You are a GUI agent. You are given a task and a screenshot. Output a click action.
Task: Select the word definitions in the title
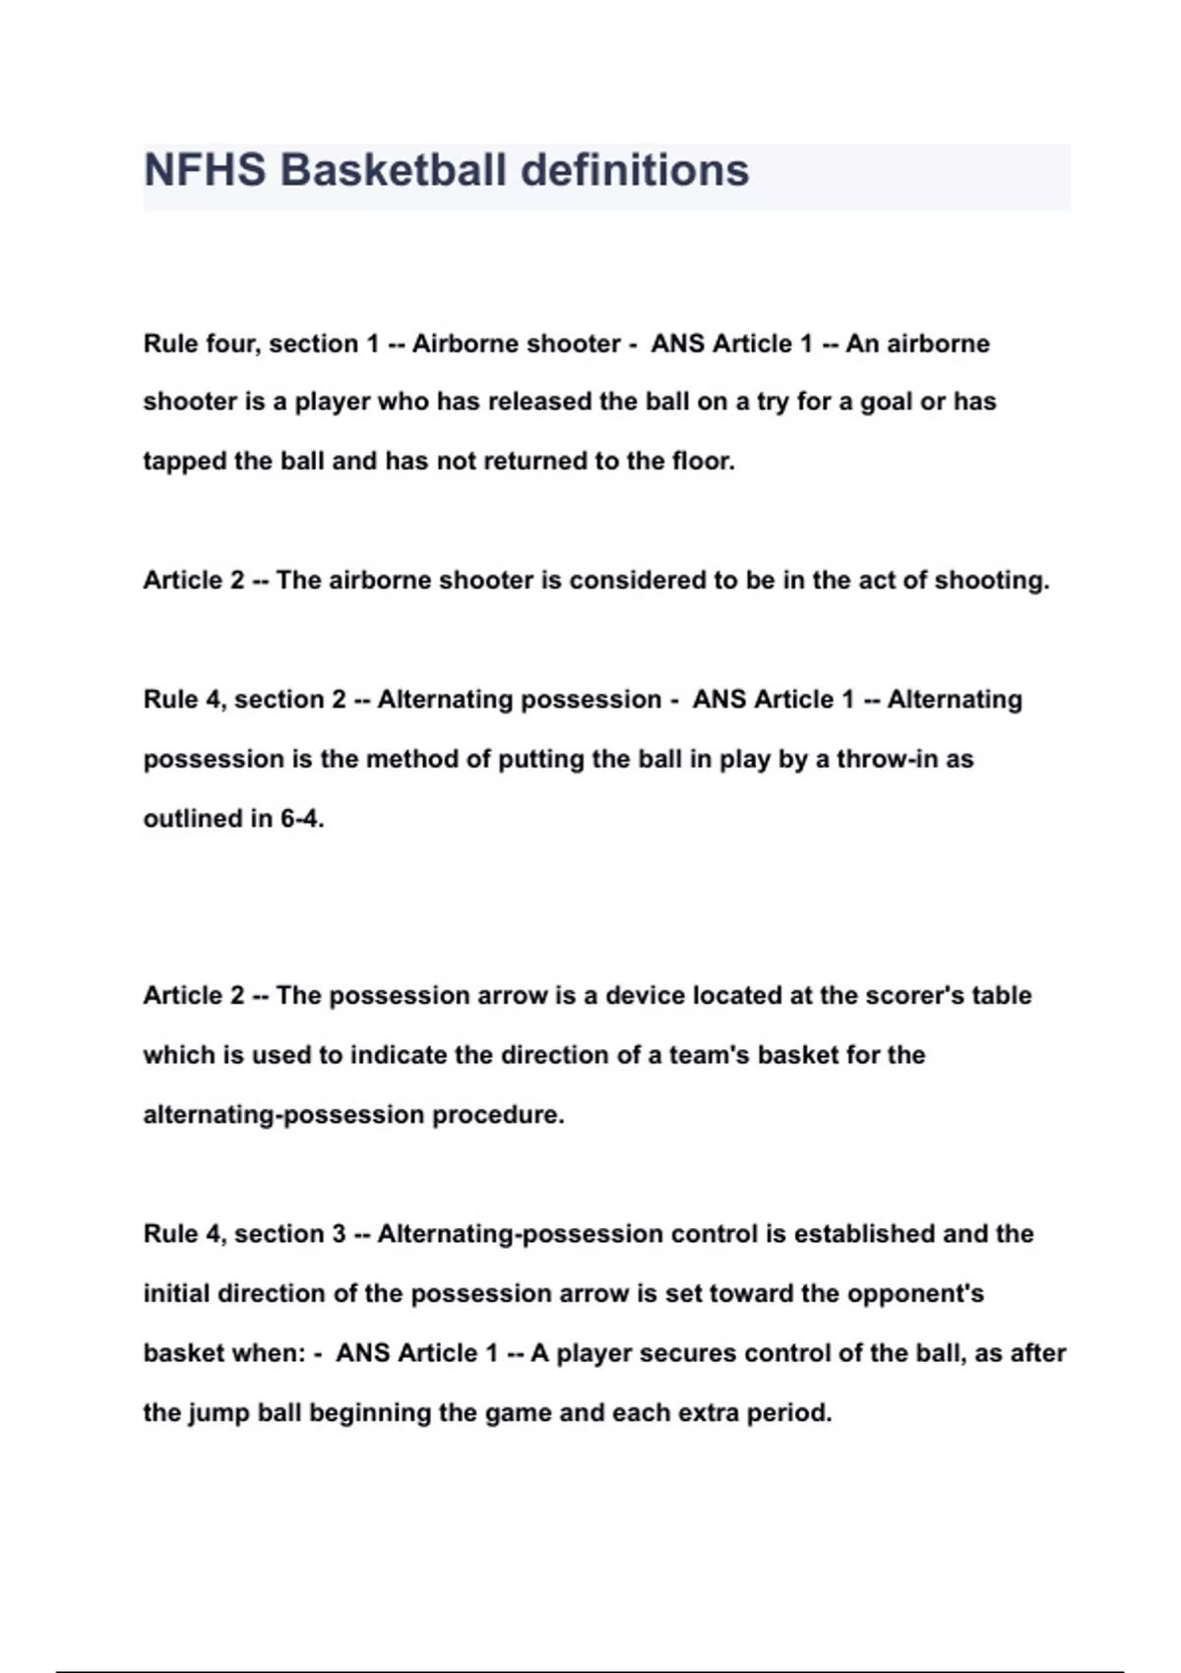pos(635,170)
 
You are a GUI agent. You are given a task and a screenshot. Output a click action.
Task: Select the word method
pos(415,759)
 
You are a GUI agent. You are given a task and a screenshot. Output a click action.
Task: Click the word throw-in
pos(883,759)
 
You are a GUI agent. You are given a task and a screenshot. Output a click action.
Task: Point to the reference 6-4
pos(302,819)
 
